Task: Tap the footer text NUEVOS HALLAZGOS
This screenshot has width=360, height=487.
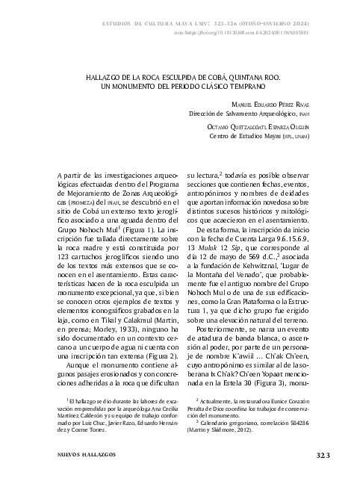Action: pos(81,454)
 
